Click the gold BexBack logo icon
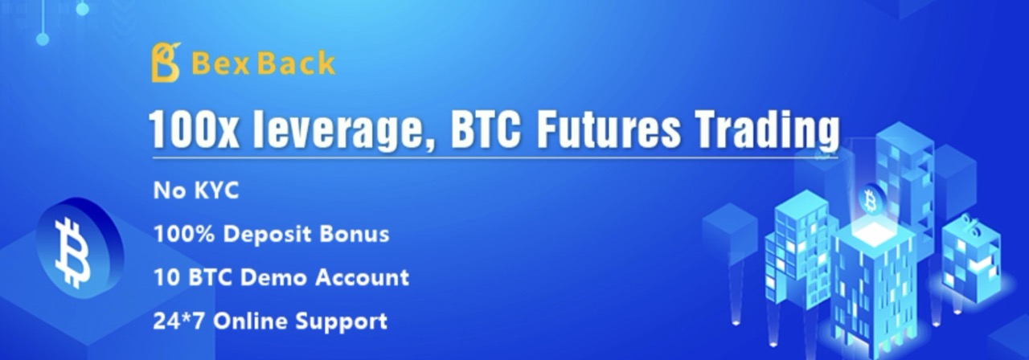tap(166, 63)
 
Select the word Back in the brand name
tap(296, 63)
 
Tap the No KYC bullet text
tap(196, 190)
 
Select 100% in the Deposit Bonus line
tap(184, 234)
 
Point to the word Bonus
tap(355, 234)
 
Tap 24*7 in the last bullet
tap(178, 321)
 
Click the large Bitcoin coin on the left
tap(79, 249)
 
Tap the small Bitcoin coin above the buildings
tap(870, 200)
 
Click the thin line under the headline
tap(495, 158)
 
